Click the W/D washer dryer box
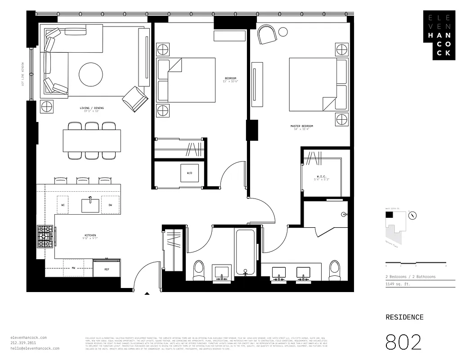(189, 173)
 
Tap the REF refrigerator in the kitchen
(107, 269)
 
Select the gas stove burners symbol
(45, 237)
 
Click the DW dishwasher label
(110, 205)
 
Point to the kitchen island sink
(90, 205)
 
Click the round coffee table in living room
(90, 75)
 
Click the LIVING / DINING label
(90, 108)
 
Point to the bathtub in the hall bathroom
(245, 252)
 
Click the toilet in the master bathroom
(335, 270)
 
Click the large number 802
(403, 342)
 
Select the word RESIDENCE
(404, 317)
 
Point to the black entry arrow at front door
(147, 294)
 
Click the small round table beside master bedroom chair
(283, 31)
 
